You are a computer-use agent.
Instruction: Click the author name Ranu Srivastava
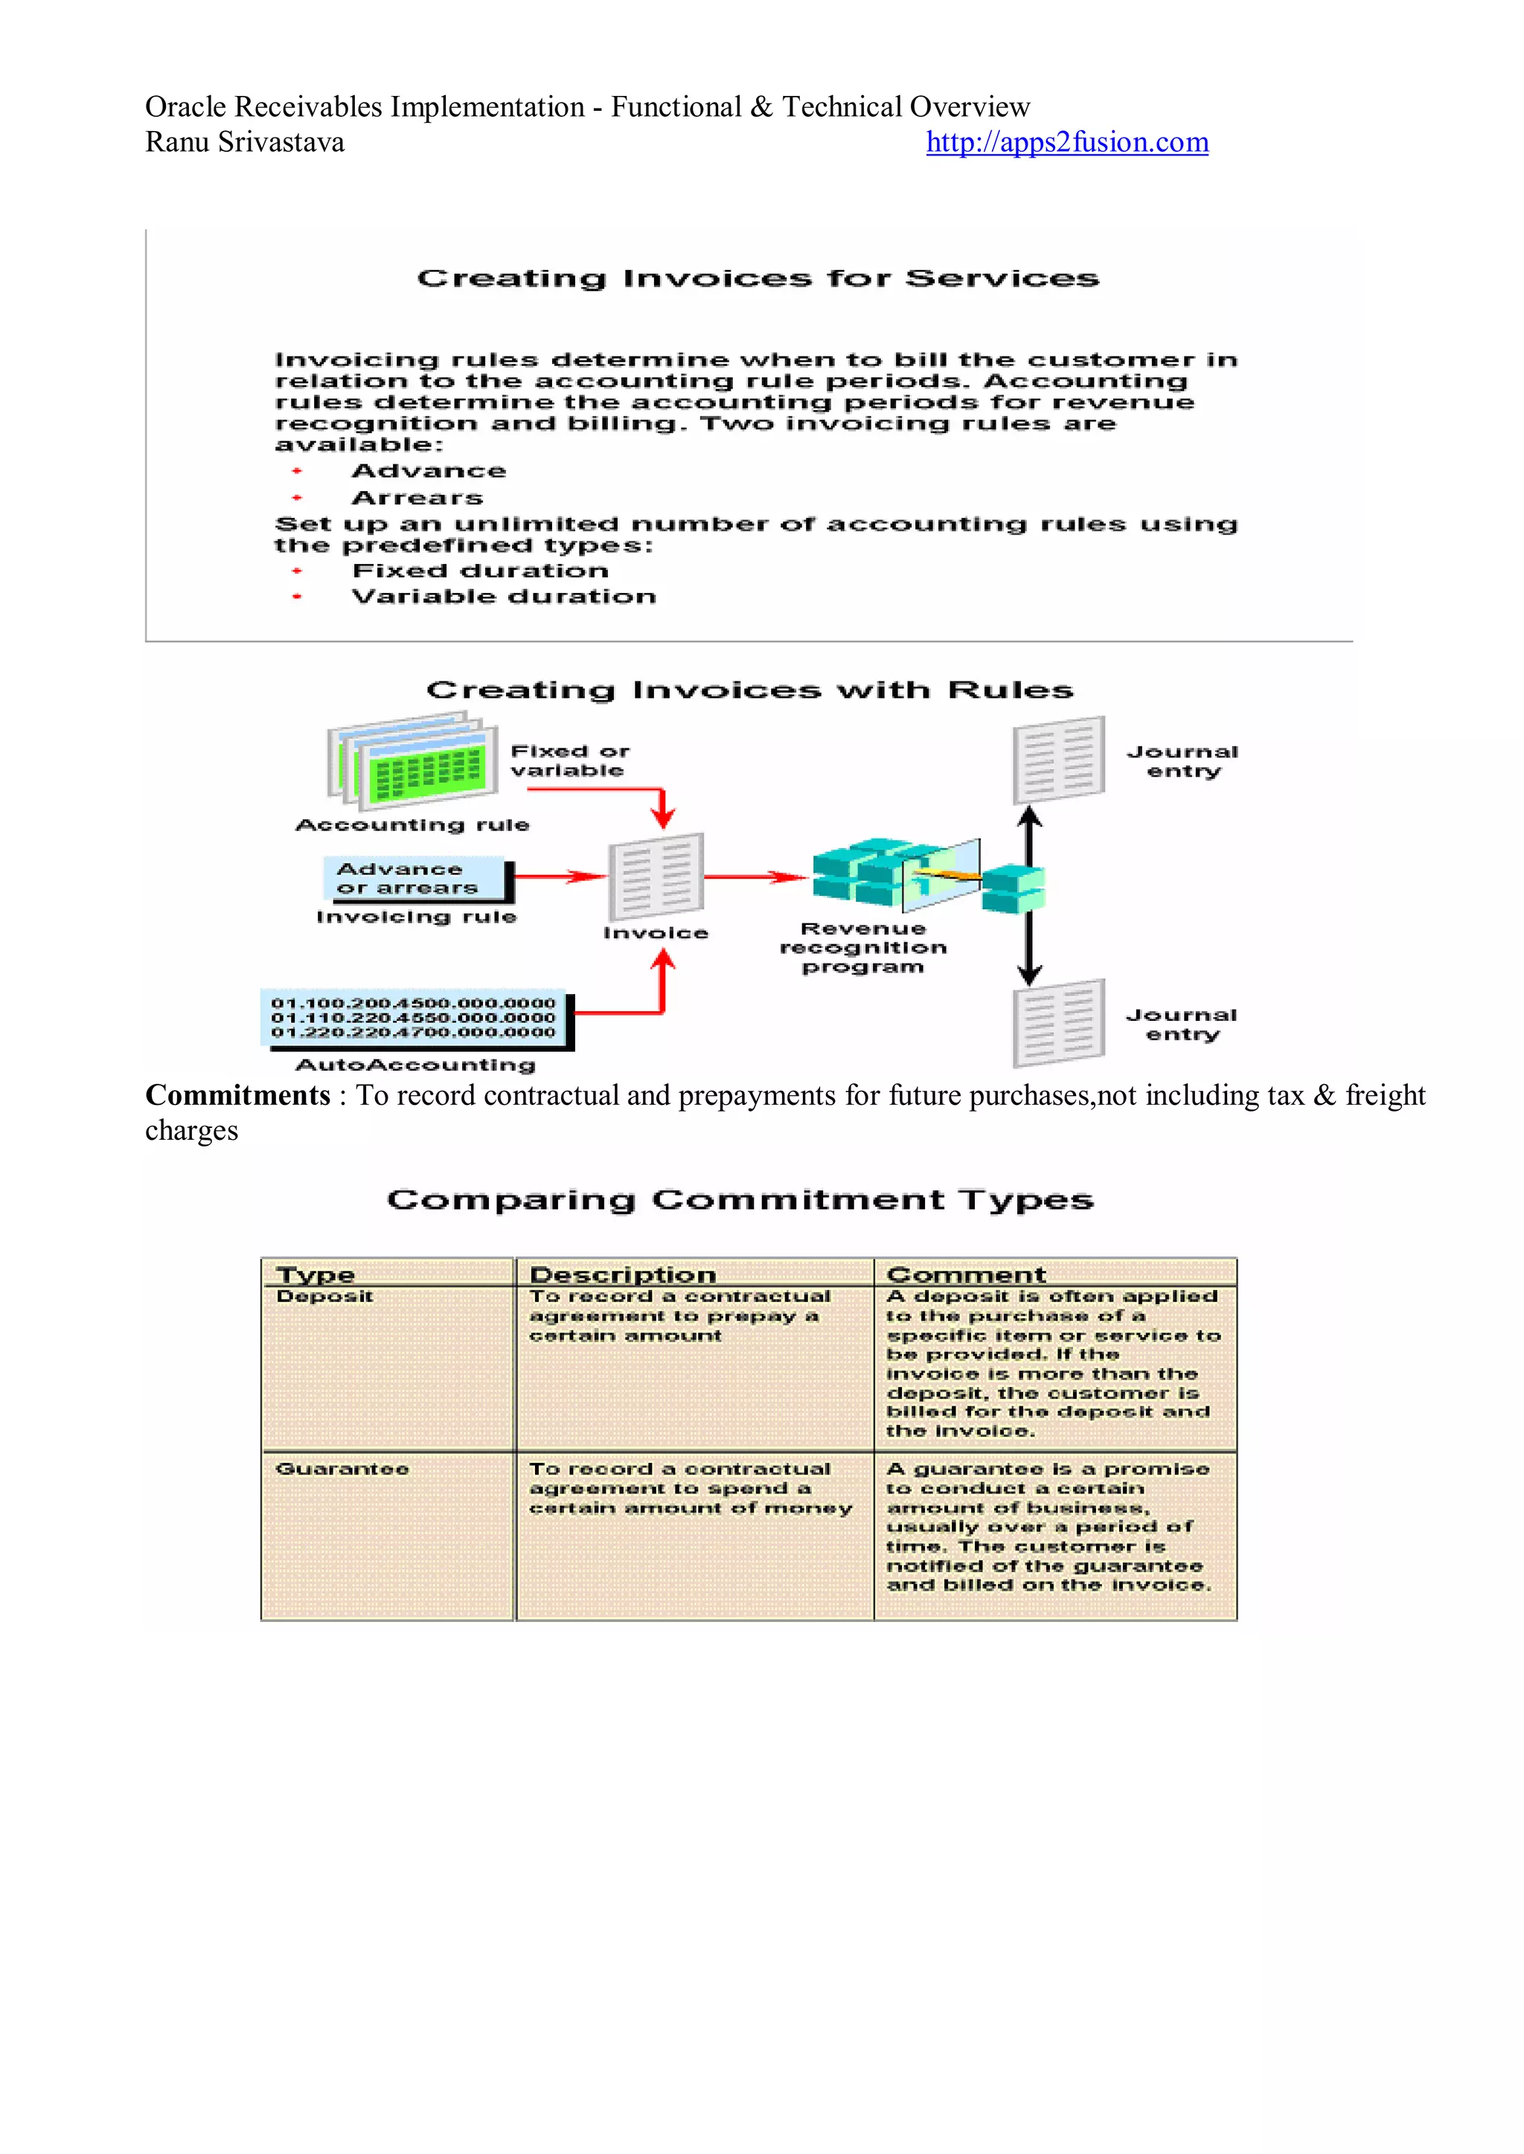click(244, 143)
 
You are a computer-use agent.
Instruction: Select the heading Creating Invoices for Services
click(758, 278)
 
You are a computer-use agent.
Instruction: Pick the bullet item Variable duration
click(503, 597)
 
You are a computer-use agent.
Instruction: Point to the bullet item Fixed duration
click(479, 571)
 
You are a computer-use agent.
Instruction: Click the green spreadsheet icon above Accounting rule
click(413, 762)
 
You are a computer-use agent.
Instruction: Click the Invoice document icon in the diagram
click(655, 877)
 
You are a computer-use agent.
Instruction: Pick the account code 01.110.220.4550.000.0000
click(413, 1018)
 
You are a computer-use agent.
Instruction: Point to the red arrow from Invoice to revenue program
click(755, 877)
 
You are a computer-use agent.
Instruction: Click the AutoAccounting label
click(414, 1065)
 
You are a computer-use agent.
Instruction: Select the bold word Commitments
click(237, 1096)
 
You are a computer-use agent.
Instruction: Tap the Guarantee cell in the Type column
click(342, 1469)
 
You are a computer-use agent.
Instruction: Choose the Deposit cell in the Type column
click(324, 1297)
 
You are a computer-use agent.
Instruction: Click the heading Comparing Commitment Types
click(740, 1200)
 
